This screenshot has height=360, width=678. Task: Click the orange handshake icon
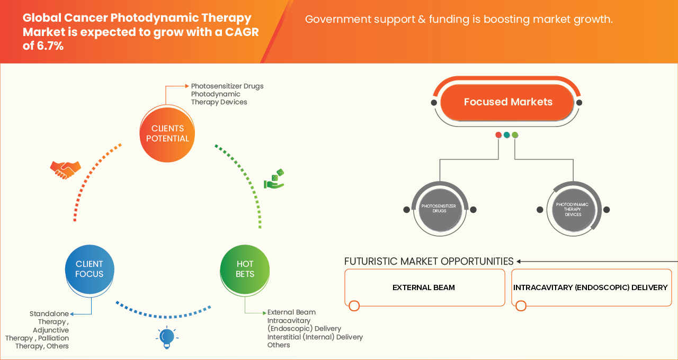pyautogui.click(x=65, y=170)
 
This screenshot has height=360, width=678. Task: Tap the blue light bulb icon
pyautogui.click(x=167, y=337)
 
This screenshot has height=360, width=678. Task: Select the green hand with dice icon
pyautogui.click(x=274, y=179)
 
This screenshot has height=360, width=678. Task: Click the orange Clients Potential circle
pyautogui.click(x=167, y=134)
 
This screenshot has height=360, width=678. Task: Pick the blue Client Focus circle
pyautogui.click(x=90, y=269)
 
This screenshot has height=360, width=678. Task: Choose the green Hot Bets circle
pyautogui.click(x=245, y=269)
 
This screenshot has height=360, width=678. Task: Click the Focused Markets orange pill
pyautogui.click(x=507, y=102)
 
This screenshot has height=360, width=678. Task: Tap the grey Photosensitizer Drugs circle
pyautogui.click(x=440, y=209)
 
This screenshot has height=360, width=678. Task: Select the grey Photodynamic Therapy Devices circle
pyautogui.click(x=573, y=209)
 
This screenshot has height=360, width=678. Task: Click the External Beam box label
pyautogui.click(x=424, y=287)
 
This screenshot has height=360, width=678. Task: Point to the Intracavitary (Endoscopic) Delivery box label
pyautogui.click(x=590, y=287)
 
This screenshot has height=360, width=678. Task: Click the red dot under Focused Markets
pyautogui.click(x=498, y=135)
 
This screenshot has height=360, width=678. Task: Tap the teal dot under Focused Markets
pyautogui.click(x=507, y=135)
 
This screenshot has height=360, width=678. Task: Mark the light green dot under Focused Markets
pyautogui.click(x=515, y=135)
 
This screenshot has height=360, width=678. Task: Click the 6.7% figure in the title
pyautogui.click(x=50, y=46)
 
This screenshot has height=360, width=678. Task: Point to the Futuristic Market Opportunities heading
pyautogui.click(x=429, y=262)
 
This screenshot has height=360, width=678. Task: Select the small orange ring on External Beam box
pyautogui.click(x=354, y=305)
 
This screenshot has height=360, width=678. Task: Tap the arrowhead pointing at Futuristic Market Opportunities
pyautogui.click(x=519, y=262)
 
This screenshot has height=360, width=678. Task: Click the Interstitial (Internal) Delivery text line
pyautogui.click(x=315, y=337)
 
